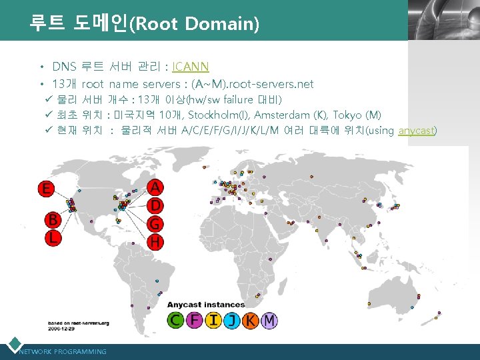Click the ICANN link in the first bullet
coord(191,67)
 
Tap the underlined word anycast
coord(416,131)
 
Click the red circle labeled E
coord(46,189)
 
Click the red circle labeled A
coord(155,186)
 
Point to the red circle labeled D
coord(155,205)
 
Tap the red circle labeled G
coord(155,223)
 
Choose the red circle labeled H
coord(155,241)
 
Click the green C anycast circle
coord(175,321)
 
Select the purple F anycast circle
coord(194,321)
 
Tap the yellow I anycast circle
coord(213,321)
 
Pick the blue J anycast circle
coord(231,321)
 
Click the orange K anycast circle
coord(250,321)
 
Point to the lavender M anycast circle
coord(269,321)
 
